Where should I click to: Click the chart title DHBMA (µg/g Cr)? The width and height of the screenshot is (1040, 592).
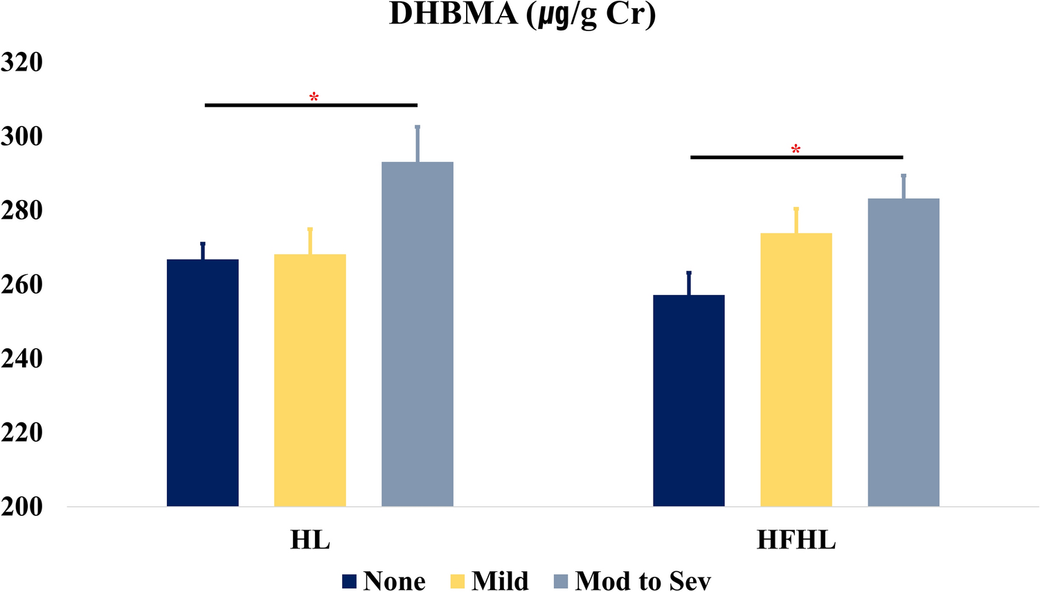tap(522, 15)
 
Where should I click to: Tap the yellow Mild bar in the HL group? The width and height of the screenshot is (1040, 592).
tap(310, 380)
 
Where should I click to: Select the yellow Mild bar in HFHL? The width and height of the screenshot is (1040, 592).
tap(796, 370)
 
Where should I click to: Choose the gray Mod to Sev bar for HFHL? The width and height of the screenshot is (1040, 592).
tap(904, 352)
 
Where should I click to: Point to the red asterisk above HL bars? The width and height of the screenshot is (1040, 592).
tap(314, 98)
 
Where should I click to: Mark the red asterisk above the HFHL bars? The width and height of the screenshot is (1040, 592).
tap(796, 150)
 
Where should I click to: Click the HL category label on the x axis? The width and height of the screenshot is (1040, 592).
tap(310, 540)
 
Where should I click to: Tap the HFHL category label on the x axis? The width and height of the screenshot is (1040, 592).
tap(796, 540)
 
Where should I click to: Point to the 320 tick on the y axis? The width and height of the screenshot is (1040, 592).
tap(22, 62)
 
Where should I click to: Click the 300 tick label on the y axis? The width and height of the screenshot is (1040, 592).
tap(22, 136)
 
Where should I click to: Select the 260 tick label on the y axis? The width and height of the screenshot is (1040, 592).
tap(22, 285)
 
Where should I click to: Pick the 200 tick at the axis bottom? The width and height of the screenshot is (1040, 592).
tap(22, 507)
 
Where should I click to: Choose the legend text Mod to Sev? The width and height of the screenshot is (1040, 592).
tap(643, 581)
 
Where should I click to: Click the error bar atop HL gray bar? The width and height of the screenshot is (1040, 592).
tap(418, 144)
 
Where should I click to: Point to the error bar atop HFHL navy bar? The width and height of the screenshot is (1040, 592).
tap(689, 283)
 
